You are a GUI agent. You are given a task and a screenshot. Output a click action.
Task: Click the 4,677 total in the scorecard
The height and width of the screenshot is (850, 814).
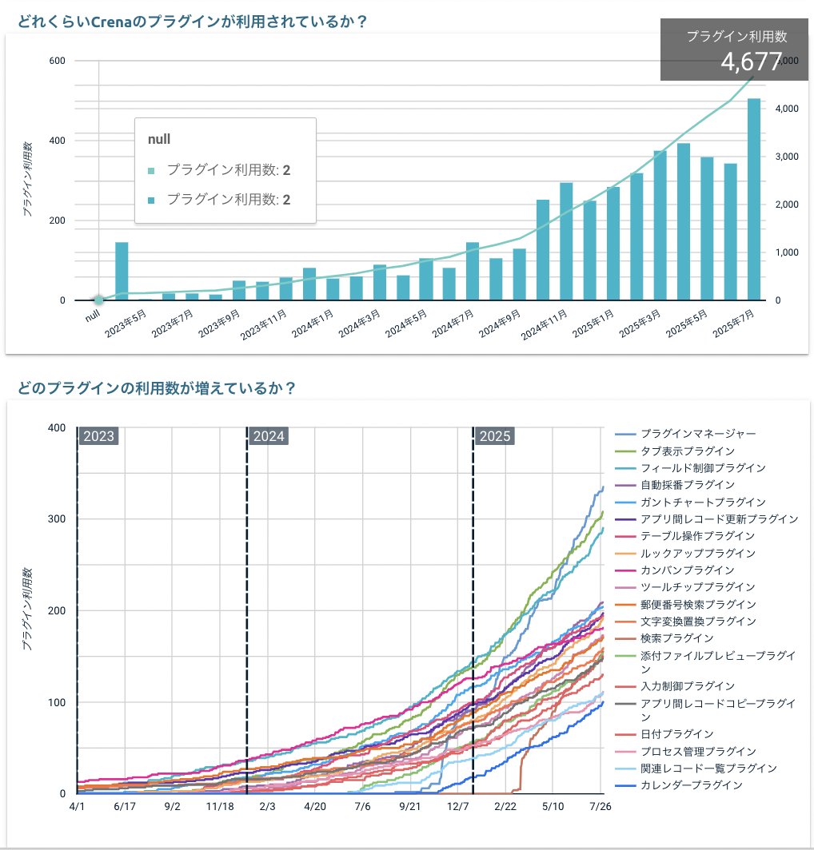pos(750,62)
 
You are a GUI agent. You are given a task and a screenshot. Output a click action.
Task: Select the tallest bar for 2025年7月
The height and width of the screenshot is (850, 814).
pos(754,200)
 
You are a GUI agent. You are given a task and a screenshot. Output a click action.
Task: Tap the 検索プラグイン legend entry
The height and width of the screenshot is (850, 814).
pos(676,637)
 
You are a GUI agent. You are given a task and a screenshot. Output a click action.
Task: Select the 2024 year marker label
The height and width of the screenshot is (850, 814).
pos(269,436)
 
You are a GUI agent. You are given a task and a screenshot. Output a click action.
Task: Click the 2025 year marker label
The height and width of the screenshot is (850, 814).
pos(495,436)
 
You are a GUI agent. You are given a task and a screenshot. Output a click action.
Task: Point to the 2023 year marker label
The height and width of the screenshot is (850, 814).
pos(99,436)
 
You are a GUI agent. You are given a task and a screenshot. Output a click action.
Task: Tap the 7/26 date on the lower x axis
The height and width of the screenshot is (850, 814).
pos(600,808)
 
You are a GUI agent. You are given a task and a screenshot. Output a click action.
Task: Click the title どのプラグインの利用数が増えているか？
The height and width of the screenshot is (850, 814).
pos(157,389)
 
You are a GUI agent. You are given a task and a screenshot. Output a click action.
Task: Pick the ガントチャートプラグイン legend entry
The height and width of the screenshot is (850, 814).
pos(692,502)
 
